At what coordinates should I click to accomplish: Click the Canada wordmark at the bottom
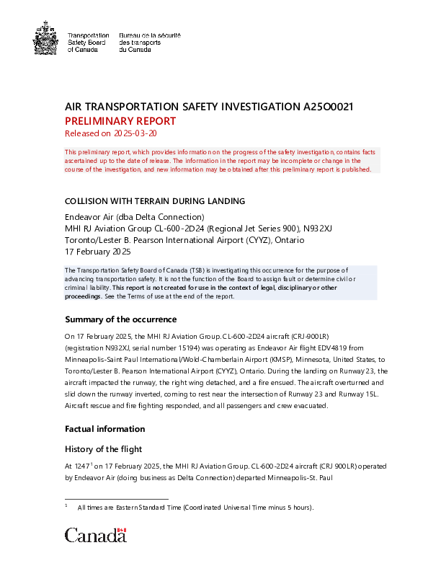point(95,535)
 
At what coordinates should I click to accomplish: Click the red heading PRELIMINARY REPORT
point(120,120)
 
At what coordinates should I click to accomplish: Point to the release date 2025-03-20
point(131,133)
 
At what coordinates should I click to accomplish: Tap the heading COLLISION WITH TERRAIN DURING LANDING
point(155,200)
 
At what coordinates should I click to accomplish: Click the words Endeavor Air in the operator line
point(89,217)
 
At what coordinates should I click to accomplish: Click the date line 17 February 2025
point(98,252)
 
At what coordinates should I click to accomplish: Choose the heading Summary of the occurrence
point(120,319)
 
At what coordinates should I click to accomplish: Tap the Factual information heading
point(105,428)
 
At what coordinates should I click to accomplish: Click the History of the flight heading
point(104,449)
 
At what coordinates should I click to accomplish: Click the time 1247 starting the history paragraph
point(83,466)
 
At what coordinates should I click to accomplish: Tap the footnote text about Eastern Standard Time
point(195,508)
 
